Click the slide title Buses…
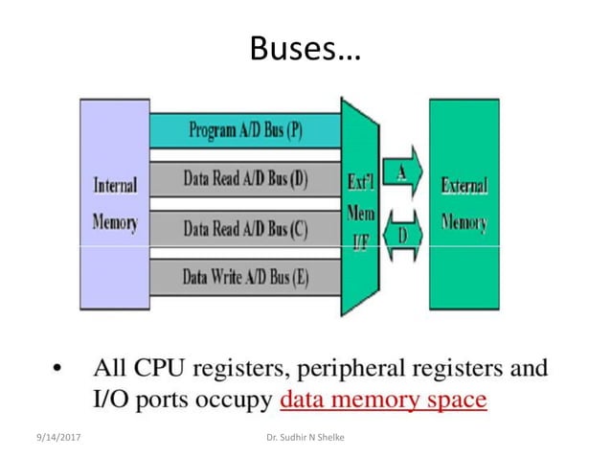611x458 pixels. (305, 48)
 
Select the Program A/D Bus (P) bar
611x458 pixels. (245, 130)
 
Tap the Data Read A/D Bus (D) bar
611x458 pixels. (245, 178)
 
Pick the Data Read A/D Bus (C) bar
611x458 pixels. (245, 228)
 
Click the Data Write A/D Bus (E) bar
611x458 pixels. (245, 278)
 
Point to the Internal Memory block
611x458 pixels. (115, 204)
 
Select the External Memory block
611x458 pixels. (464, 204)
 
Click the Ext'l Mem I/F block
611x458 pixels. (360, 206)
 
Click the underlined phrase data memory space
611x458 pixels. (383, 398)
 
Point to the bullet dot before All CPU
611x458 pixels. (59, 369)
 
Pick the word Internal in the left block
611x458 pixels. (115, 185)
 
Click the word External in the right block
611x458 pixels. (464, 185)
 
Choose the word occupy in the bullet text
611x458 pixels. (238, 400)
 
